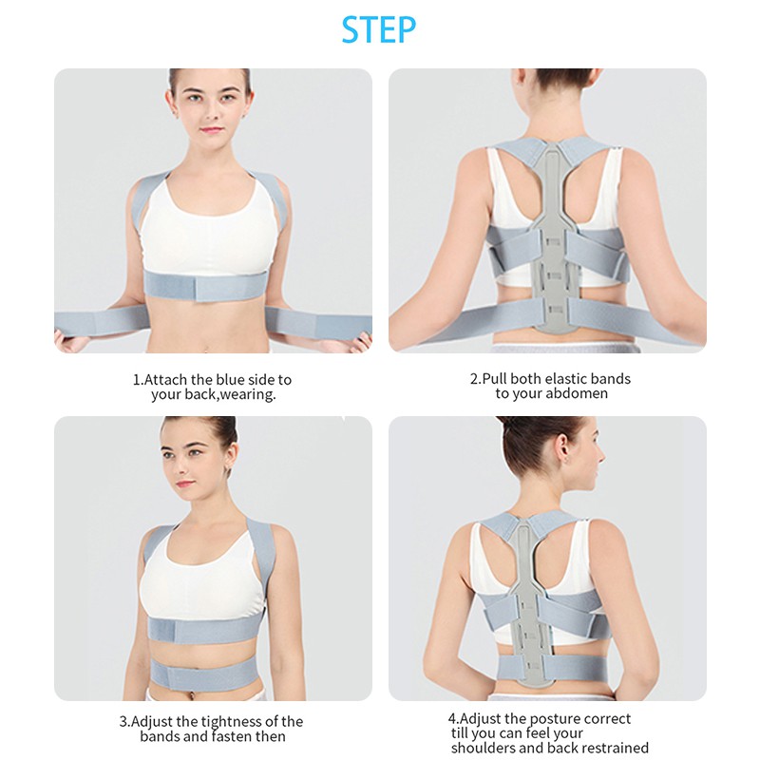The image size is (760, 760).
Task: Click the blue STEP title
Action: coord(379,29)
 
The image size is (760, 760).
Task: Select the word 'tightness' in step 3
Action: coord(231,721)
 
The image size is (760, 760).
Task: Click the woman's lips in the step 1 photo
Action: coord(212,130)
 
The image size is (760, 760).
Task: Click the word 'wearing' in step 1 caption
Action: coord(247,394)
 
